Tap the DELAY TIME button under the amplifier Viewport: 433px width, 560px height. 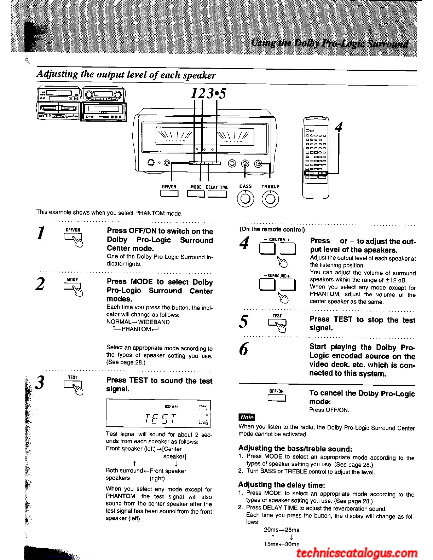tap(217, 194)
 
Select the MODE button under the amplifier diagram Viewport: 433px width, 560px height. tap(196, 194)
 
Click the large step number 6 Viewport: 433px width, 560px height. tap(244, 349)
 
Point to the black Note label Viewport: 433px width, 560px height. tap(247, 417)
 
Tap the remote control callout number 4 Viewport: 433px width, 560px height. tap(339, 127)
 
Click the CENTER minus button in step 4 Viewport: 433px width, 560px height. tap(267, 249)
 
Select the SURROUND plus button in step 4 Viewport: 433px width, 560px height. tap(288, 285)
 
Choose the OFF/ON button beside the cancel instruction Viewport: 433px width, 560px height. tap(277, 398)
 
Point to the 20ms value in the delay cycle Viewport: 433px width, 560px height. tap(271, 530)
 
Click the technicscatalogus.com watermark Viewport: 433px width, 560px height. tap(357, 553)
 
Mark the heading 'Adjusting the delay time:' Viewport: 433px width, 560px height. tap(281, 485)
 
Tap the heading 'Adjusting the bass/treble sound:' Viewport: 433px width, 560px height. tap(295, 449)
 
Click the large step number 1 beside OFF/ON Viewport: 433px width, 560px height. tap(41, 233)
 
